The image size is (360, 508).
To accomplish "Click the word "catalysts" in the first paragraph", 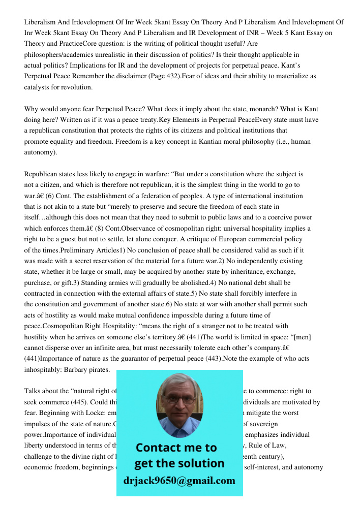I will click(38, 87).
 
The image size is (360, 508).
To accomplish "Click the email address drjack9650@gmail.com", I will click(179, 480).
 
